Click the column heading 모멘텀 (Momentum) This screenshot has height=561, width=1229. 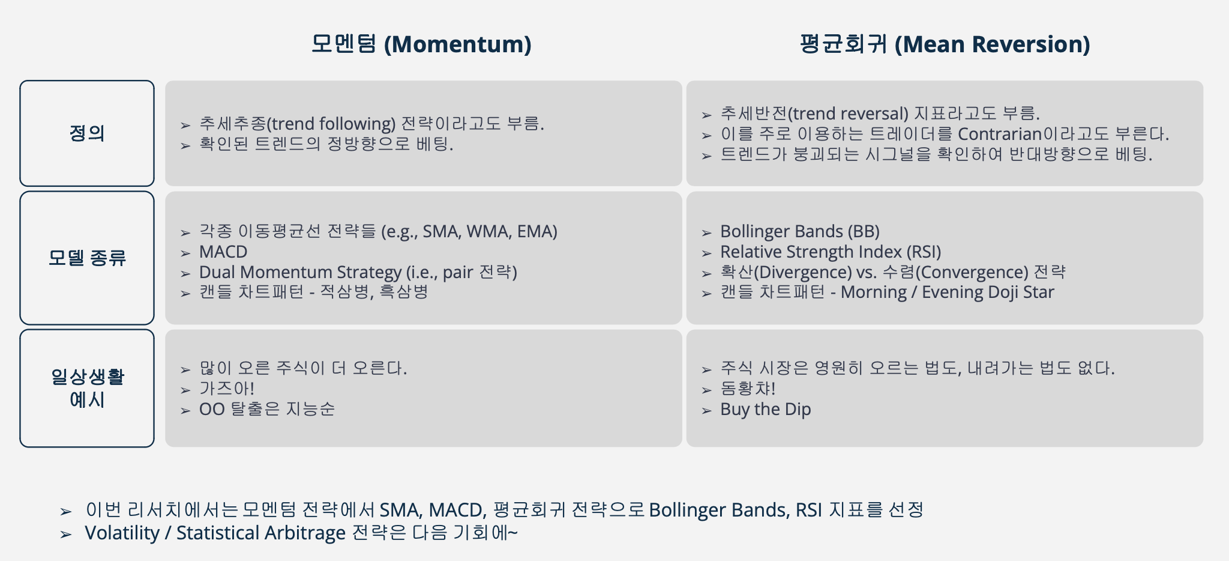pyautogui.click(x=421, y=44)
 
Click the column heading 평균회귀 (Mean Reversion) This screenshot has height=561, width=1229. pyautogui.click(x=945, y=44)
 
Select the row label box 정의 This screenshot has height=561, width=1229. pyautogui.click(x=87, y=133)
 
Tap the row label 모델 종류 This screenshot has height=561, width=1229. pyautogui.click(x=87, y=258)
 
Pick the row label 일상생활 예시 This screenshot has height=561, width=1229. pyautogui.click(x=87, y=388)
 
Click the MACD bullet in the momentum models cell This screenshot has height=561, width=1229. pyautogui.click(x=223, y=252)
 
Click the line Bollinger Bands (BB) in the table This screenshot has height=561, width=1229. pyautogui.click(x=799, y=232)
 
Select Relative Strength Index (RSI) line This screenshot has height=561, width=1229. pyautogui.click(x=831, y=252)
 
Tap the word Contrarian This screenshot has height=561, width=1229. pyautogui.click(x=1000, y=134)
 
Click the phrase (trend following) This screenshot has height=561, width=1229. pyautogui.click(x=331, y=124)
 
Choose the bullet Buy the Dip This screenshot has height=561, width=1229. pyautogui.click(x=765, y=410)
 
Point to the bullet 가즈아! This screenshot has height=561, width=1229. pyautogui.click(x=227, y=389)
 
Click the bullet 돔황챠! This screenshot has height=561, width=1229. pyautogui.click(x=748, y=389)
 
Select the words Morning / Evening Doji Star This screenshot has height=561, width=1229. pyautogui.click(x=947, y=293)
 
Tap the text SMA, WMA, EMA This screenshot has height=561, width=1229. pyautogui.click(x=490, y=232)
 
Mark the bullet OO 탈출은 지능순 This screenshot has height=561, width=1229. pyautogui.click(x=266, y=410)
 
